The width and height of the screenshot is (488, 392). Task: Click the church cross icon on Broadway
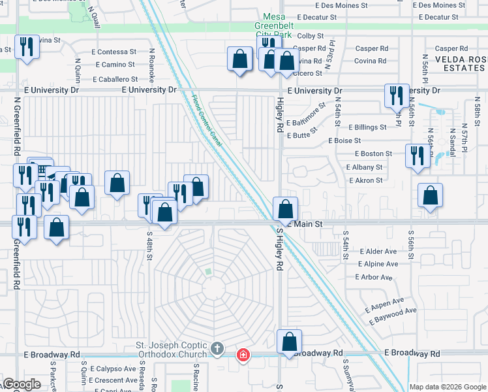[x=218, y=349]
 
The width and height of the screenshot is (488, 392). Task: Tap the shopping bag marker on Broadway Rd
[x=289, y=341]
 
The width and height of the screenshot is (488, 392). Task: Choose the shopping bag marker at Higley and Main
[x=285, y=209]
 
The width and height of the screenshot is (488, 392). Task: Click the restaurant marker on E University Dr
[x=396, y=96]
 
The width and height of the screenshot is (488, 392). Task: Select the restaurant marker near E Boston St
[x=417, y=155]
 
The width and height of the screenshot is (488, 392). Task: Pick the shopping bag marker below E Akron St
[x=431, y=195]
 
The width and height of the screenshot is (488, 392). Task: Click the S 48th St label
[x=150, y=249]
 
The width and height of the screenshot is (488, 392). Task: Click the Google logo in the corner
[x=22, y=384]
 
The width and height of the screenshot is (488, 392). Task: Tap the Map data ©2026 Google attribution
[x=447, y=387]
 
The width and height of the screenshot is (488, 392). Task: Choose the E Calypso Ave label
[x=113, y=369]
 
